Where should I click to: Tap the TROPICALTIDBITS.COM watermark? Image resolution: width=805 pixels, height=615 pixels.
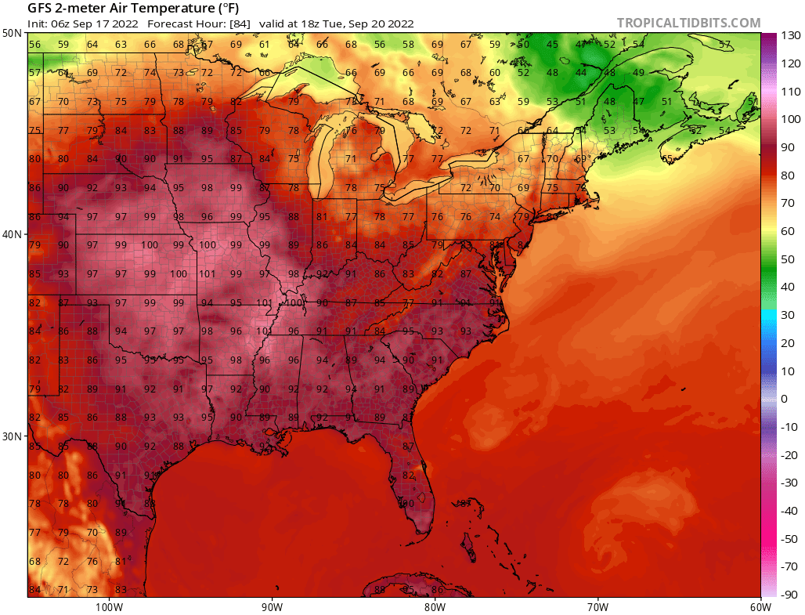pyautogui.click(x=688, y=23)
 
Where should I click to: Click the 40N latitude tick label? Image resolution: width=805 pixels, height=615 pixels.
pyautogui.click(x=12, y=234)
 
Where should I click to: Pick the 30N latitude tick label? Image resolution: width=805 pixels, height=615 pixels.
pyautogui.click(x=12, y=436)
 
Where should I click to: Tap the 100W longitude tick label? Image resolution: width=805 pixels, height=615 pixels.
pyautogui.click(x=108, y=606)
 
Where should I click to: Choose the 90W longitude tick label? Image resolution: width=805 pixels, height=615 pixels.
pyautogui.click(x=272, y=606)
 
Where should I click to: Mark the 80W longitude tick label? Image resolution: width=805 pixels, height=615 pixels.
pyautogui.click(x=435, y=606)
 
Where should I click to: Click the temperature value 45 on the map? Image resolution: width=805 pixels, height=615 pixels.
pyautogui.click(x=552, y=45)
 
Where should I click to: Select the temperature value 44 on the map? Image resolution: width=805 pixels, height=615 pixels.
pyautogui.click(x=581, y=73)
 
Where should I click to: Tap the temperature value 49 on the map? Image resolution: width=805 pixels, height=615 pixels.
pyautogui.click(x=638, y=73)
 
